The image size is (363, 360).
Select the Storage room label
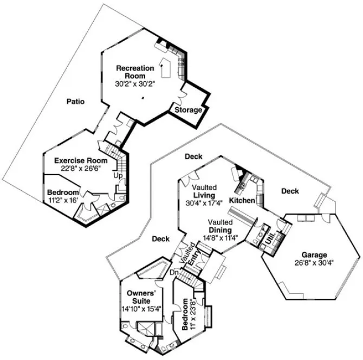click(x=188, y=110)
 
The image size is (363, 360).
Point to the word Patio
click(x=75, y=101)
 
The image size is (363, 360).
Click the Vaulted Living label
click(x=204, y=191)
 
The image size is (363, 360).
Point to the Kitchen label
click(x=242, y=201)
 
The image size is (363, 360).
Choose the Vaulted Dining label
click(x=220, y=226)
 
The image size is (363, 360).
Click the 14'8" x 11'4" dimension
click(x=221, y=236)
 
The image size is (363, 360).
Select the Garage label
click(x=314, y=255)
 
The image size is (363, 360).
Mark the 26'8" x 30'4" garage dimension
click(x=314, y=263)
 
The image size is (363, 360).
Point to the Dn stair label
click(x=174, y=273)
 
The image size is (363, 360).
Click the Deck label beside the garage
click(x=290, y=191)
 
